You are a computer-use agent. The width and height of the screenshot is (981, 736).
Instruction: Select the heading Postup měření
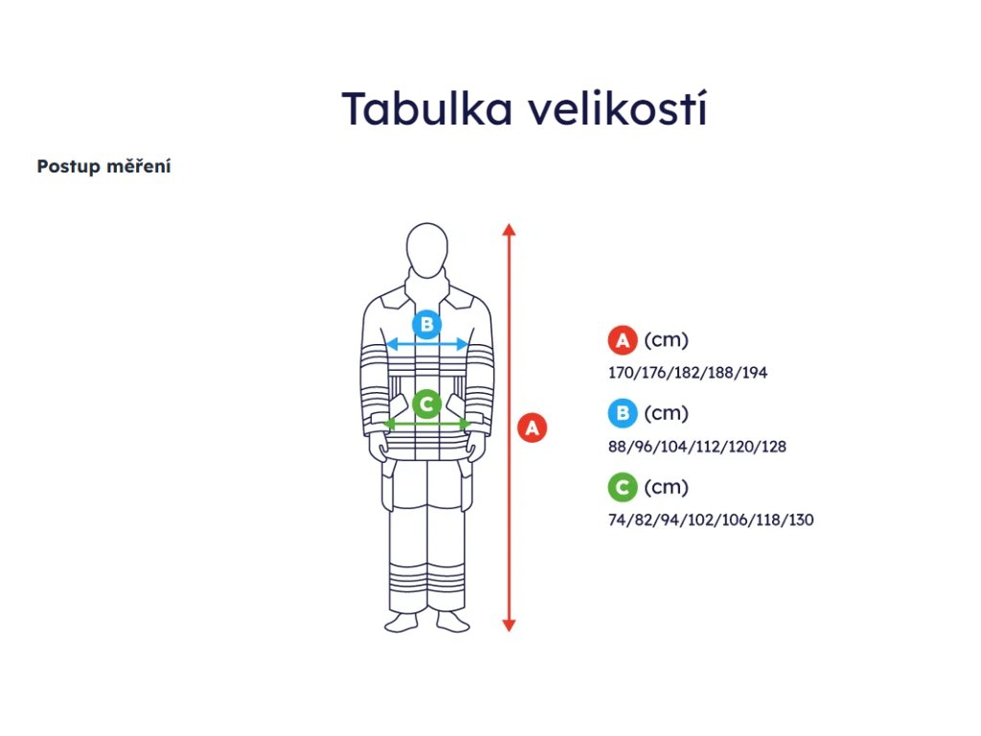click(x=103, y=166)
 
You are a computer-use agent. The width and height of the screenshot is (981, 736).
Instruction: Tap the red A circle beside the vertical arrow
click(x=533, y=427)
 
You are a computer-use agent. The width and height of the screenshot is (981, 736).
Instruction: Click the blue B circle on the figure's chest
click(x=427, y=324)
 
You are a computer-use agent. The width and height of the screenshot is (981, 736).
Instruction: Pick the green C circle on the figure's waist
click(x=427, y=404)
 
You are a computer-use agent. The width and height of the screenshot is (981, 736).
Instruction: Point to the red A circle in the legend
click(x=623, y=340)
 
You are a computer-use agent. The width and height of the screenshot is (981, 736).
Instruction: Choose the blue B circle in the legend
click(x=623, y=414)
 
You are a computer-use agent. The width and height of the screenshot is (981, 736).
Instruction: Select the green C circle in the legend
click(x=623, y=488)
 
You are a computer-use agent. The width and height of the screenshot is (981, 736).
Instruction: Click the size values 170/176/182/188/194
click(x=688, y=373)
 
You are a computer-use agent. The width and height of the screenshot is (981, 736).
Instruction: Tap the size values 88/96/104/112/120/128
click(x=697, y=447)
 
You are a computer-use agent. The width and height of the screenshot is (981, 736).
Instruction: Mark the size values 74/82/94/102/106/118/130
click(x=711, y=520)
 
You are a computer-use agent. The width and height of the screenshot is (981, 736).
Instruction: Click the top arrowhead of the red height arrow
click(x=510, y=229)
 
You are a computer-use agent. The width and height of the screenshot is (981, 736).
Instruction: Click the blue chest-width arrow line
click(x=427, y=344)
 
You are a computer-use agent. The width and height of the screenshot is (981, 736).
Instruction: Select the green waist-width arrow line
click(x=427, y=424)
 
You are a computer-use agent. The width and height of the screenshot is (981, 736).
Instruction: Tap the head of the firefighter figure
click(x=427, y=247)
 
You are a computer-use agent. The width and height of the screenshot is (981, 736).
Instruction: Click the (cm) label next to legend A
click(x=667, y=340)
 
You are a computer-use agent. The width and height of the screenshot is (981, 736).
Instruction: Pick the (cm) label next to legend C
click(x=667, y=488)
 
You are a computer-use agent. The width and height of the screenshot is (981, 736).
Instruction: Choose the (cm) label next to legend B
click(x=667, y=414)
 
